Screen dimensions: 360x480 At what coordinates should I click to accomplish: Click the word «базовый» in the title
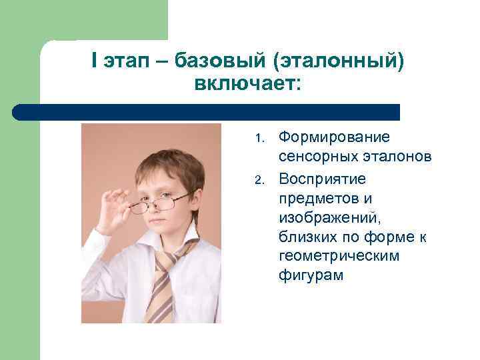(x=219, y=61)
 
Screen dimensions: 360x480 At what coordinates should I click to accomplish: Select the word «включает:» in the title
(x=248, y=85)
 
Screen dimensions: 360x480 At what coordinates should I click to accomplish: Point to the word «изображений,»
(x=321, y=218)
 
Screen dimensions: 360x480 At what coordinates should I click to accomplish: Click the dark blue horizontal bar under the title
(x=207, y=111)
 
